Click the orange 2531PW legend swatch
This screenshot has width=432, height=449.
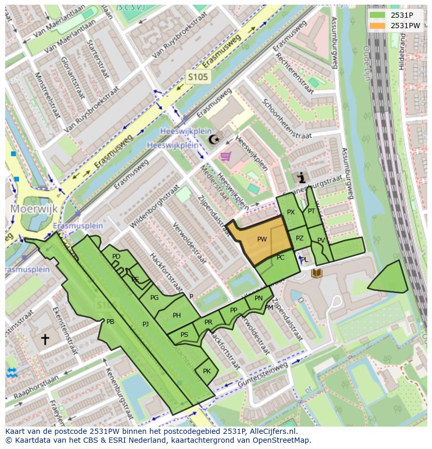[378, 26]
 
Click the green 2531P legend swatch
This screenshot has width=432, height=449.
[378, 15]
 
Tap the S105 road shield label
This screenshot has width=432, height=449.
[198, 78]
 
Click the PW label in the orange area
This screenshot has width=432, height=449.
[262, 239]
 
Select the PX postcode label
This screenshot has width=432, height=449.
[291, 212]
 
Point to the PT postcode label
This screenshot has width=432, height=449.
[311, 211]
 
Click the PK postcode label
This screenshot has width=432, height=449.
[207, 371]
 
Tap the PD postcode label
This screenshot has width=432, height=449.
[116, 257]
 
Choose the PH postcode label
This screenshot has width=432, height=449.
[177, 315]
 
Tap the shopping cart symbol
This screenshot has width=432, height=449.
[226, 155]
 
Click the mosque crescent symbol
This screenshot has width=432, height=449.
[214, 139]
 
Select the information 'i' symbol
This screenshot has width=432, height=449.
[301, 178]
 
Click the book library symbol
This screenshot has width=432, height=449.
[317, 273]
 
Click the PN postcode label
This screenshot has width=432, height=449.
[258, 298]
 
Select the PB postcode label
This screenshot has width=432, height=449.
[110, 322]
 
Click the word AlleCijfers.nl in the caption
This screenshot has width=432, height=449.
[271, 431]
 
